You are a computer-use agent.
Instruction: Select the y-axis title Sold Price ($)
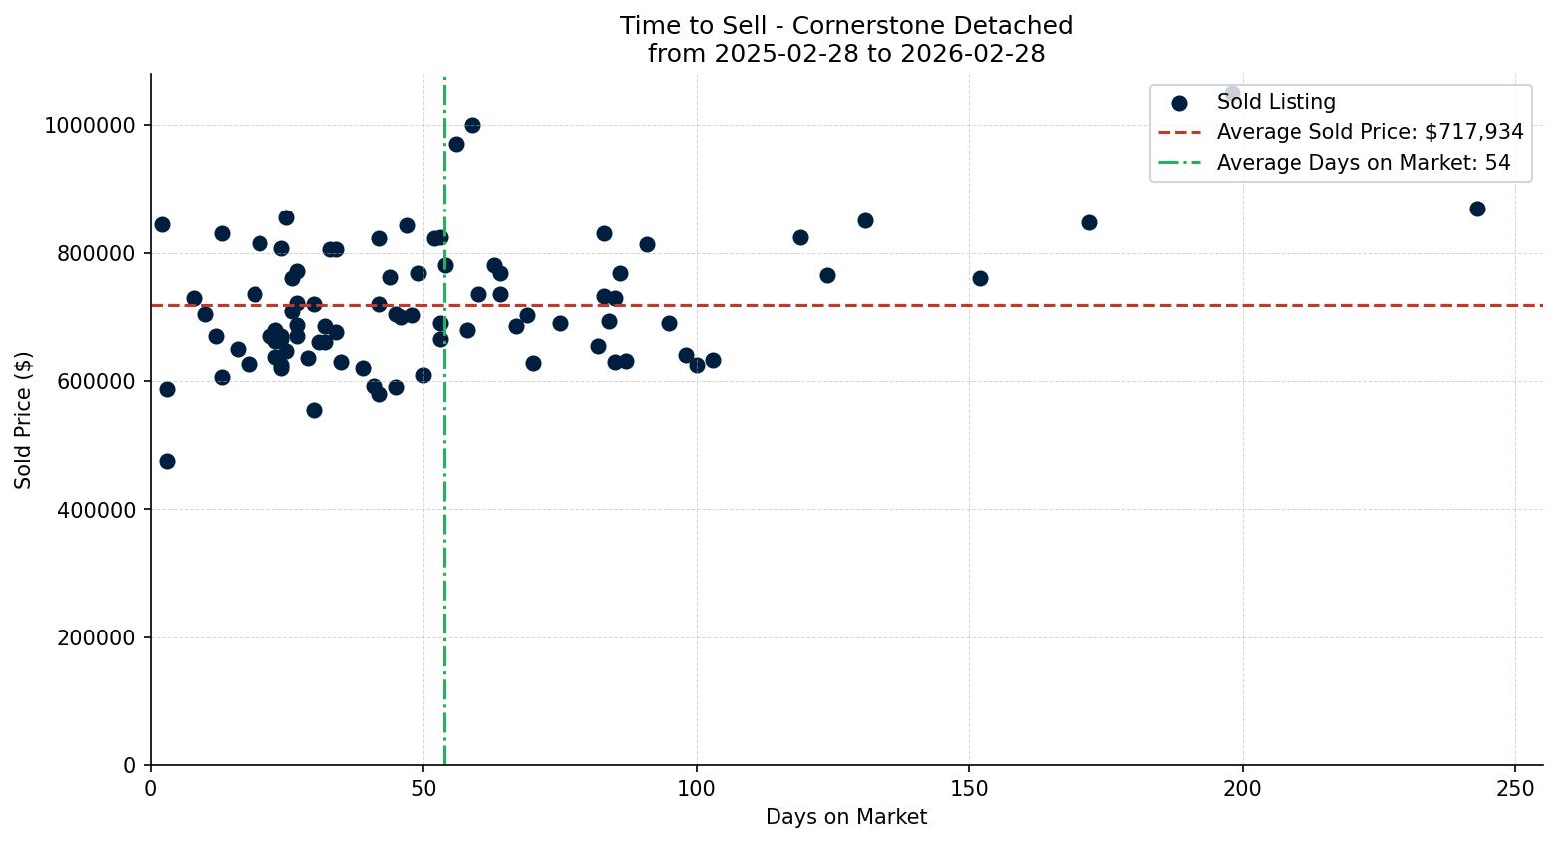[x=23, y=420]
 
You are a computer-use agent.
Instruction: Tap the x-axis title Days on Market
[x=846, y=817]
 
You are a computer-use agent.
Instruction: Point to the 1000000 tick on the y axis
[x=90, y=126]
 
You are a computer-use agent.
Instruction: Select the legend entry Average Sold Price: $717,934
[x=1369, y=132]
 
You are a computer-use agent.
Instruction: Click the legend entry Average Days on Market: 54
[x=1362, y=163]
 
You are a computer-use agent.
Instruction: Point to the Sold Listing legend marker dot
[x=1179, y=102]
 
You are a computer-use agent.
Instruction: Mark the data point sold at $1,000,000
[x=472, y=125]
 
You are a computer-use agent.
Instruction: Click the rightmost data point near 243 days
[x=1477, y=209]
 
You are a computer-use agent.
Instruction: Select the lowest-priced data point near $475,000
[x=167, y=461]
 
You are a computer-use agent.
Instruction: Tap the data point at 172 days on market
[x=1089, y=222]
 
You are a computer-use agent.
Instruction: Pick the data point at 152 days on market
[x=980, y=278]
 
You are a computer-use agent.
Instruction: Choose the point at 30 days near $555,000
[x=314, y=410]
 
